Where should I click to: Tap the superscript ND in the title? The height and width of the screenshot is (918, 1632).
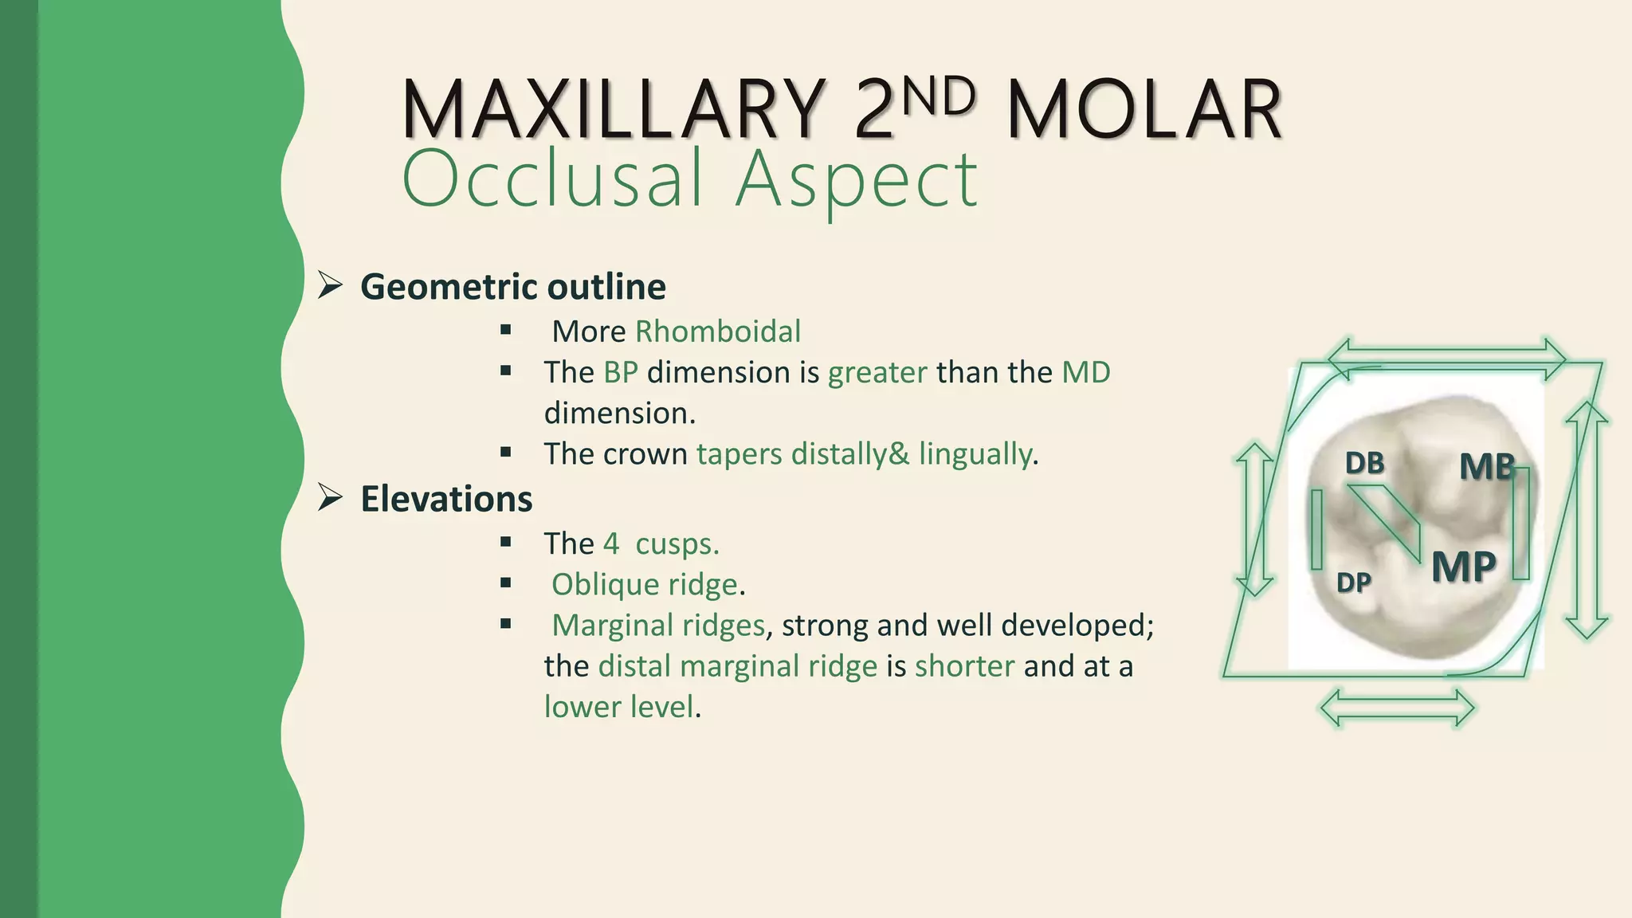click(x=940, y=96)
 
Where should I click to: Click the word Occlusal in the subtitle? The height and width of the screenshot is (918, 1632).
click(x=554, y=178)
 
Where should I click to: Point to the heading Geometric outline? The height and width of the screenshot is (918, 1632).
click(x=512, y=287)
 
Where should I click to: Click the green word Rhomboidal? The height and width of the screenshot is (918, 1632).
click(x=717, y=331)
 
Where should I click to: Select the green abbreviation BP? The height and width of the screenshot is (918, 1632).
click(x=621, y=372)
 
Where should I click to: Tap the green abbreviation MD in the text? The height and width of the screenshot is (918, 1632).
click(x=1085, y=372)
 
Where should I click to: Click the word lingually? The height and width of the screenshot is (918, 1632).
click(x=975, y=454)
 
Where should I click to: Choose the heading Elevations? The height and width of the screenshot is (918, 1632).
click(x=446, y=500)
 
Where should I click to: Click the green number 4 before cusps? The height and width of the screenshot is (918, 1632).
click(x=611, y=543)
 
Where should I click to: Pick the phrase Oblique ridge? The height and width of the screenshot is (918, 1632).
click(x=644, y=585)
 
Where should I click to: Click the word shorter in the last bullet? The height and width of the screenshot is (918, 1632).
click(x=964, y=666)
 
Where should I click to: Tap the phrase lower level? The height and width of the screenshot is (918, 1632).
click(x=619, y=707)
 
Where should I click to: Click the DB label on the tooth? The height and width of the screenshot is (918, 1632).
click(x=1364, y=464)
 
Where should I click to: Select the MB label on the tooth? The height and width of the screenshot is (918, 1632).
click(x=1486, y=467)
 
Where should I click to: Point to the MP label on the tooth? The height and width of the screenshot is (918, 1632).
click(x=1463, y=567)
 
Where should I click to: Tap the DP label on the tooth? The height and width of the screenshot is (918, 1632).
click(x=1353, y=583)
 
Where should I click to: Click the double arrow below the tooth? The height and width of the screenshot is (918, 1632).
click(x=1397, y=708)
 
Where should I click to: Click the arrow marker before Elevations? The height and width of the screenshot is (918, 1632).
click(x=330, y=498)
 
